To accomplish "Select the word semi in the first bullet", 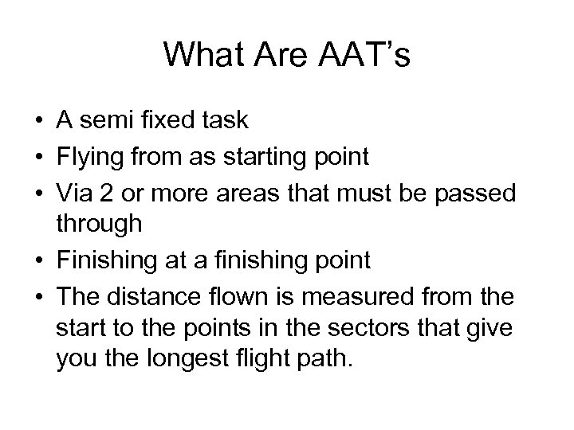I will click(x=100, y=121).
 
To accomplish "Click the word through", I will click(x=100, y=225).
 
